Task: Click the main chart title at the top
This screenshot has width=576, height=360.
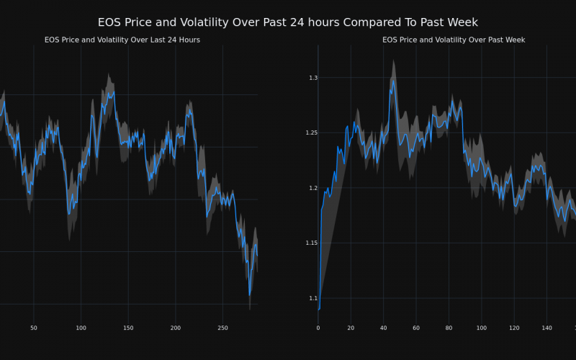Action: point(288,22)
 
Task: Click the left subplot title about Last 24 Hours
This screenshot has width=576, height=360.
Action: point(122,40)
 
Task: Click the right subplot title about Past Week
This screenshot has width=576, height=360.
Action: point(454,40)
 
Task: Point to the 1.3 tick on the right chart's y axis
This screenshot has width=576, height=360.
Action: point(309,78)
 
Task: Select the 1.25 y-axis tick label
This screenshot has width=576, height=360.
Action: point(307,133)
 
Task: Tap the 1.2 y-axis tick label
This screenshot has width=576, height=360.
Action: point(309,188)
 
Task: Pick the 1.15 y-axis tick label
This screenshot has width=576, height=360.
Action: point(307,243)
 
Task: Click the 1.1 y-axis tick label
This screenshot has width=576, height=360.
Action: point(309,298)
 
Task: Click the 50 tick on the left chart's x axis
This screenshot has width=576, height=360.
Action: point(34,328)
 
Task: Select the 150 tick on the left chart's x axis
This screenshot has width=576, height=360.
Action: point(128,328)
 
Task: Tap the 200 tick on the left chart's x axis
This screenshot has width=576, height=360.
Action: point(176,328)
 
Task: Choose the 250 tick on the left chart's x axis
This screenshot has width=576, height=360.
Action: point(222,328)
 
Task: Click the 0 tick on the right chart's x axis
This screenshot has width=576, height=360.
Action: point(318,328)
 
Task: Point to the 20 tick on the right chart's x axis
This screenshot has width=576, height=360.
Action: point(351,328)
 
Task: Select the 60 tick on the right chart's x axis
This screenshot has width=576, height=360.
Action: point(416,328)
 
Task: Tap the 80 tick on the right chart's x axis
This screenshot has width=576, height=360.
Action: point(449,328)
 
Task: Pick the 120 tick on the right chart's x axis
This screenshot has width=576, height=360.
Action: point(514,328)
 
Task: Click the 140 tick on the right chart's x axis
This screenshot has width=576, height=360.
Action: point(546,328)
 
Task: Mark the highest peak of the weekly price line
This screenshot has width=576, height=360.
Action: point(393,80)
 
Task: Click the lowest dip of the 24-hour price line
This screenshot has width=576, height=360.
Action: point(250,294)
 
